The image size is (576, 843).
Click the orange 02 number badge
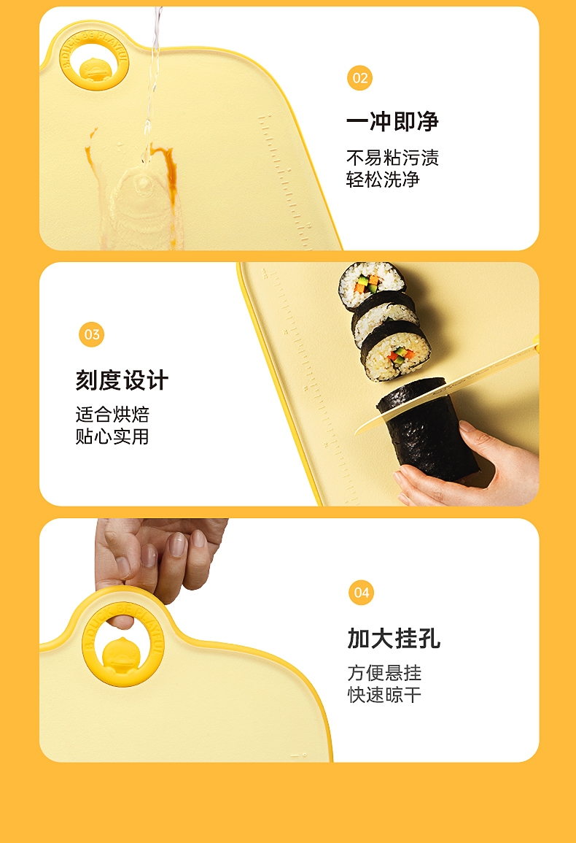(359, 78)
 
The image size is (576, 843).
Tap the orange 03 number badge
(91, 334)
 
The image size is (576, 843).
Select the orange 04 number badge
(361, 593)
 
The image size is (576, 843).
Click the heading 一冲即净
(393, 121)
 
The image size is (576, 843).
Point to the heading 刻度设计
(122, 380)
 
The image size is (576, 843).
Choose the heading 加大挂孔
(394, 638)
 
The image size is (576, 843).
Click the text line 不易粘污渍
(393, 158)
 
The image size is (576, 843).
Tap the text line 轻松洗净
(383, 179)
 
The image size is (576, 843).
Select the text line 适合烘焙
(112, 415)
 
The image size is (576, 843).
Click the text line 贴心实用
(112, 436)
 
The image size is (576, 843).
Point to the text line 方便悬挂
(384, 672)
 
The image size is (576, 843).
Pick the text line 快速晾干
(384, 695)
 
